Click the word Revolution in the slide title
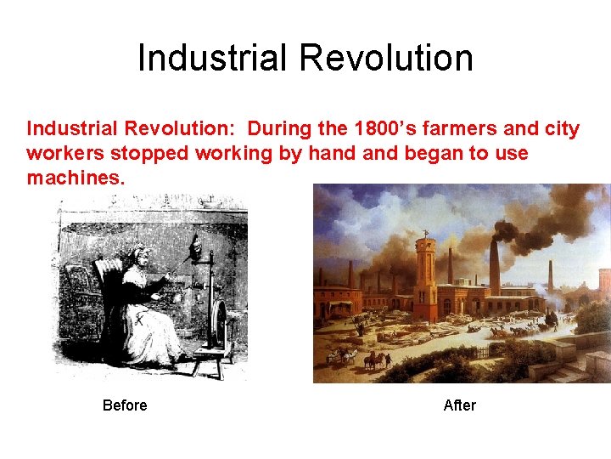tap(386, 58)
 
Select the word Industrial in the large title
tap(212, 58)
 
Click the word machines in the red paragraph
tap(75, 178)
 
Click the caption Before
tap(125, 405)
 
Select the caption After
tap(460, 405)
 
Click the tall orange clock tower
tap(425, 272)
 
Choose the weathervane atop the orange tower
tap(425, 228)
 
